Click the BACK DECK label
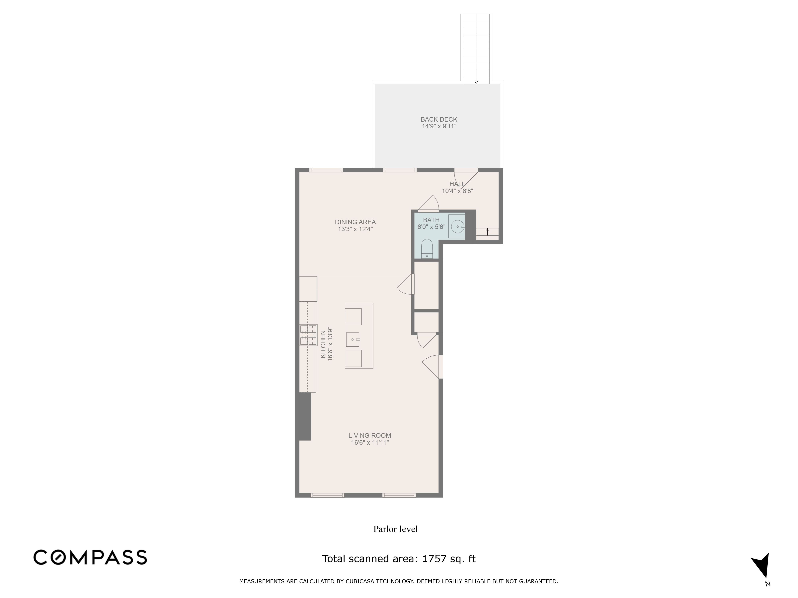(439, 119)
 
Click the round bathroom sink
(457, 227)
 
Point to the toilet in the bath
(427, 248)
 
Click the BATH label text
(431, 220)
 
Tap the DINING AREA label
(355, 222)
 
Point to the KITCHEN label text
(323, 344)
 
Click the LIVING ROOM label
(369, 435)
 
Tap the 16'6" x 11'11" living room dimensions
(369, 443)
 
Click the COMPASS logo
(90, 557)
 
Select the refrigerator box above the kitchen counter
(308, 289)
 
